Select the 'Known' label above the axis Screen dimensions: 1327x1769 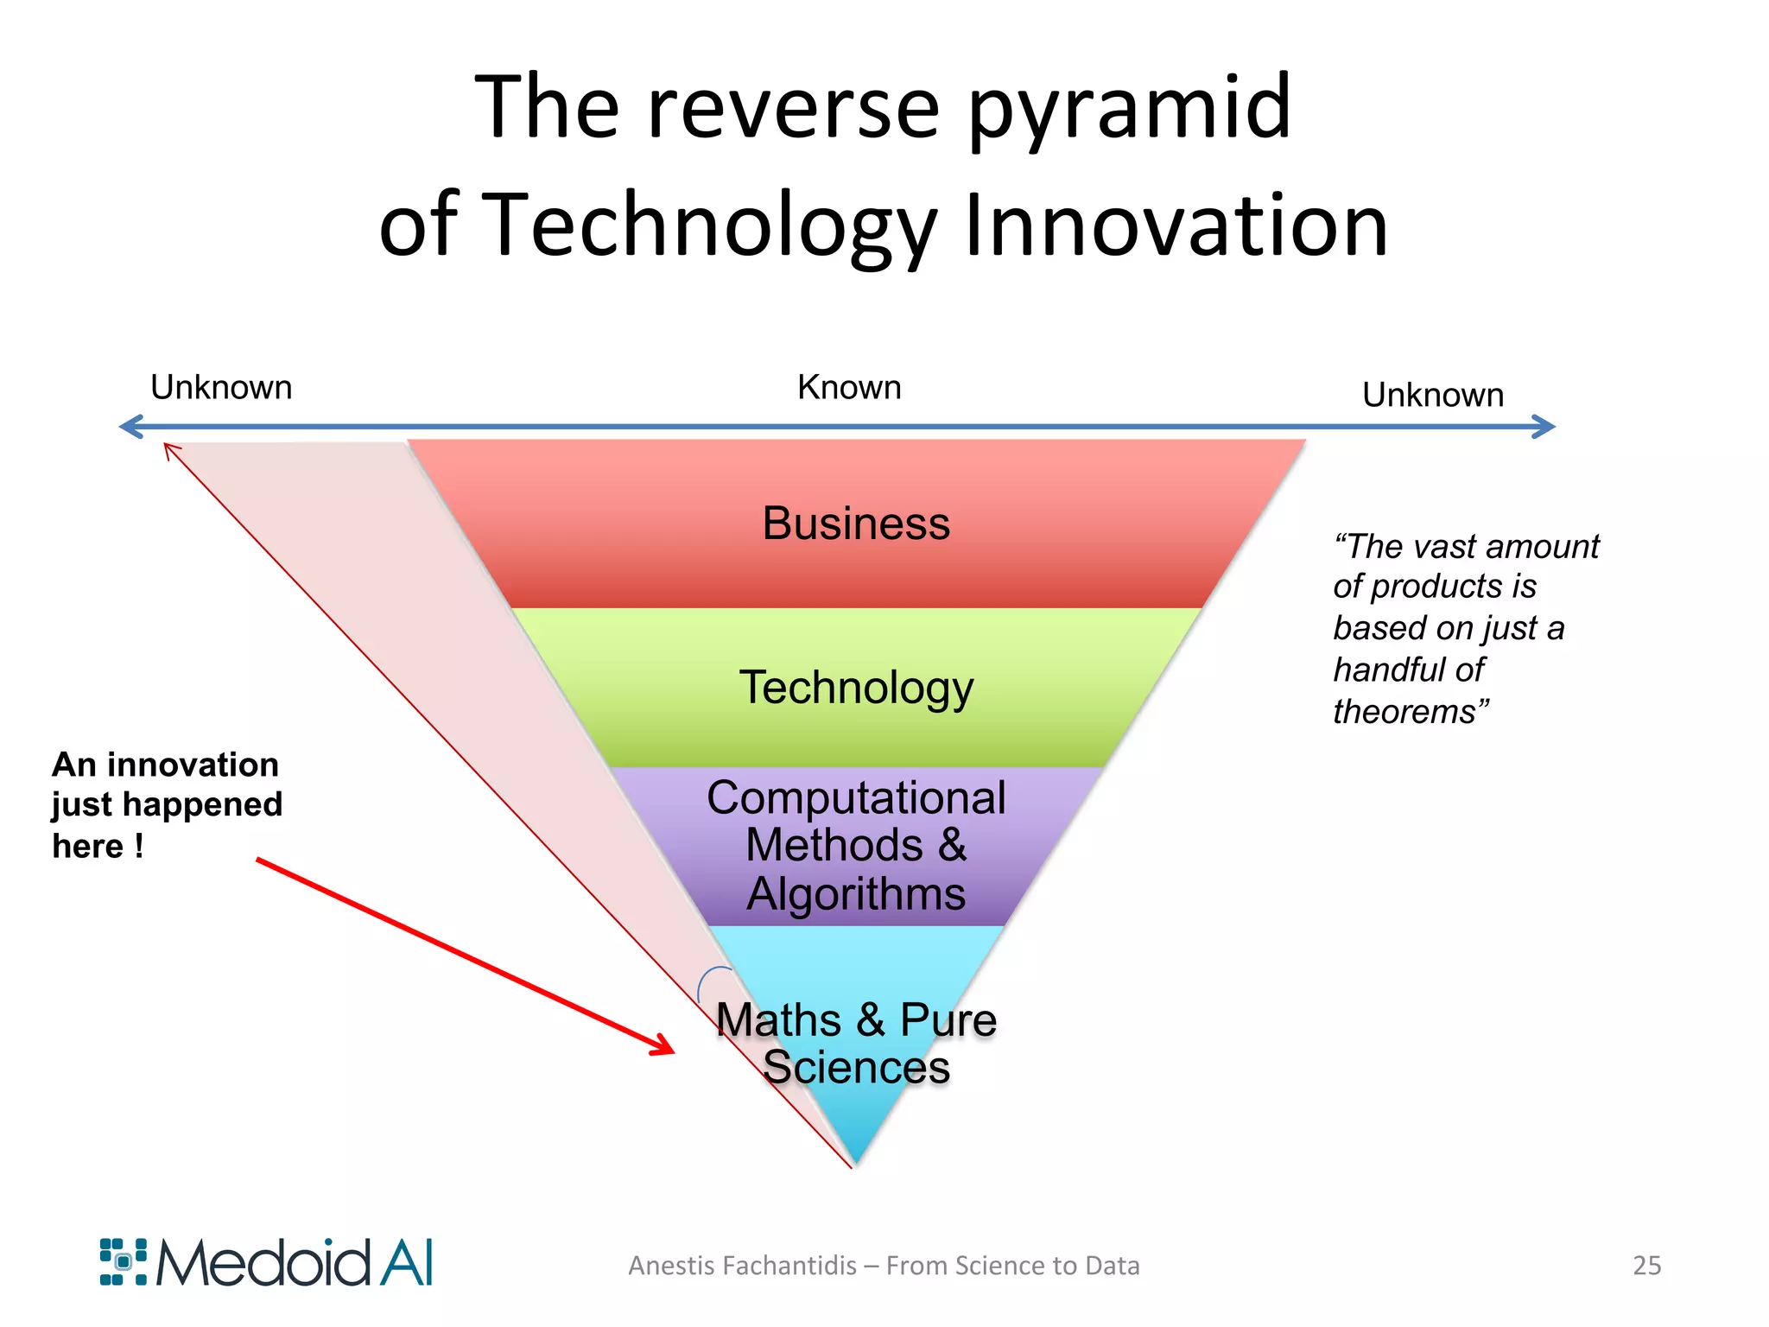click(849, 388)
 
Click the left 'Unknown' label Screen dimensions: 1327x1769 click(221, 388)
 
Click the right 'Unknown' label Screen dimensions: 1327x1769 click(1432, 396)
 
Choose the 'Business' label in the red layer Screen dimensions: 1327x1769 click(855, 524)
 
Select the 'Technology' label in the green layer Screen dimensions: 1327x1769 click(856, 689)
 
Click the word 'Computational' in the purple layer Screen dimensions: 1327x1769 click(856, 797)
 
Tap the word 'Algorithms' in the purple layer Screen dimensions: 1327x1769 click(856, 893)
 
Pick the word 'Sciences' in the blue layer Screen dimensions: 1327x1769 click(856, 1068)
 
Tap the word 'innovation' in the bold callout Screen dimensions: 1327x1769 click(193, 765)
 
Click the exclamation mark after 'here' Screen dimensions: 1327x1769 click(138, 846)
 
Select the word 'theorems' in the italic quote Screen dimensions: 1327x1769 click(1404, 712)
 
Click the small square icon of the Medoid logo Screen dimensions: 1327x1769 click(124, 1262)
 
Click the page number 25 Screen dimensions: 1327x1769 click(1646, 1266)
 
